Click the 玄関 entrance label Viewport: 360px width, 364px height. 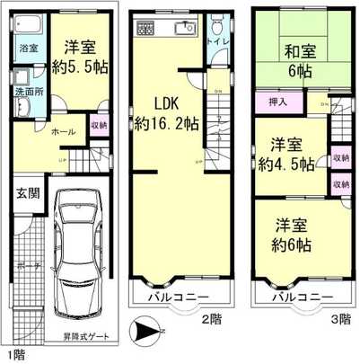26,192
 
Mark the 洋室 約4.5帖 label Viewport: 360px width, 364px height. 287,155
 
